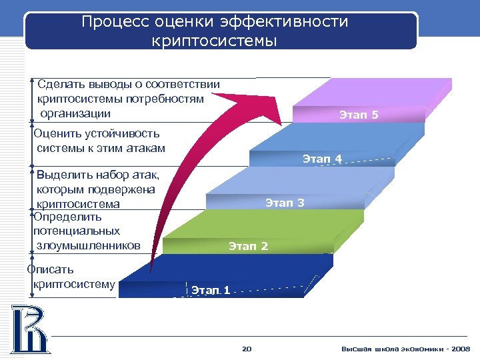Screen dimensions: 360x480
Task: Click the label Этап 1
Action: click(x=211, y=290)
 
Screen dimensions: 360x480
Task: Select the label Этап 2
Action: click(x=248, y=247)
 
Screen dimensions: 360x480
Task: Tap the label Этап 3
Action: click(x=285, y=203)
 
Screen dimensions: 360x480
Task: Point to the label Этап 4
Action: click(x=322, y=159)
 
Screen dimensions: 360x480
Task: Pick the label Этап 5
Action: click(x=359, y=115)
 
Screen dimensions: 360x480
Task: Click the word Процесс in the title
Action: click(x=115, y=22)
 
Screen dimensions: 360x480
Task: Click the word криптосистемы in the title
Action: click(x=214, y=41)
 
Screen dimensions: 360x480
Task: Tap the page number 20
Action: click(x=247, y=349)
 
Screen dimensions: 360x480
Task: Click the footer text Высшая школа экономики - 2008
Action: click(x=405, y=349)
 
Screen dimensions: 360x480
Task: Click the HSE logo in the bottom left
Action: click(x=29, y=328)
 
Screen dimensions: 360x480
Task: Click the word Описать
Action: click(x=51, y=269)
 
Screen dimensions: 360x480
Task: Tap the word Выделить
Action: click(x=64, y=175)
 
